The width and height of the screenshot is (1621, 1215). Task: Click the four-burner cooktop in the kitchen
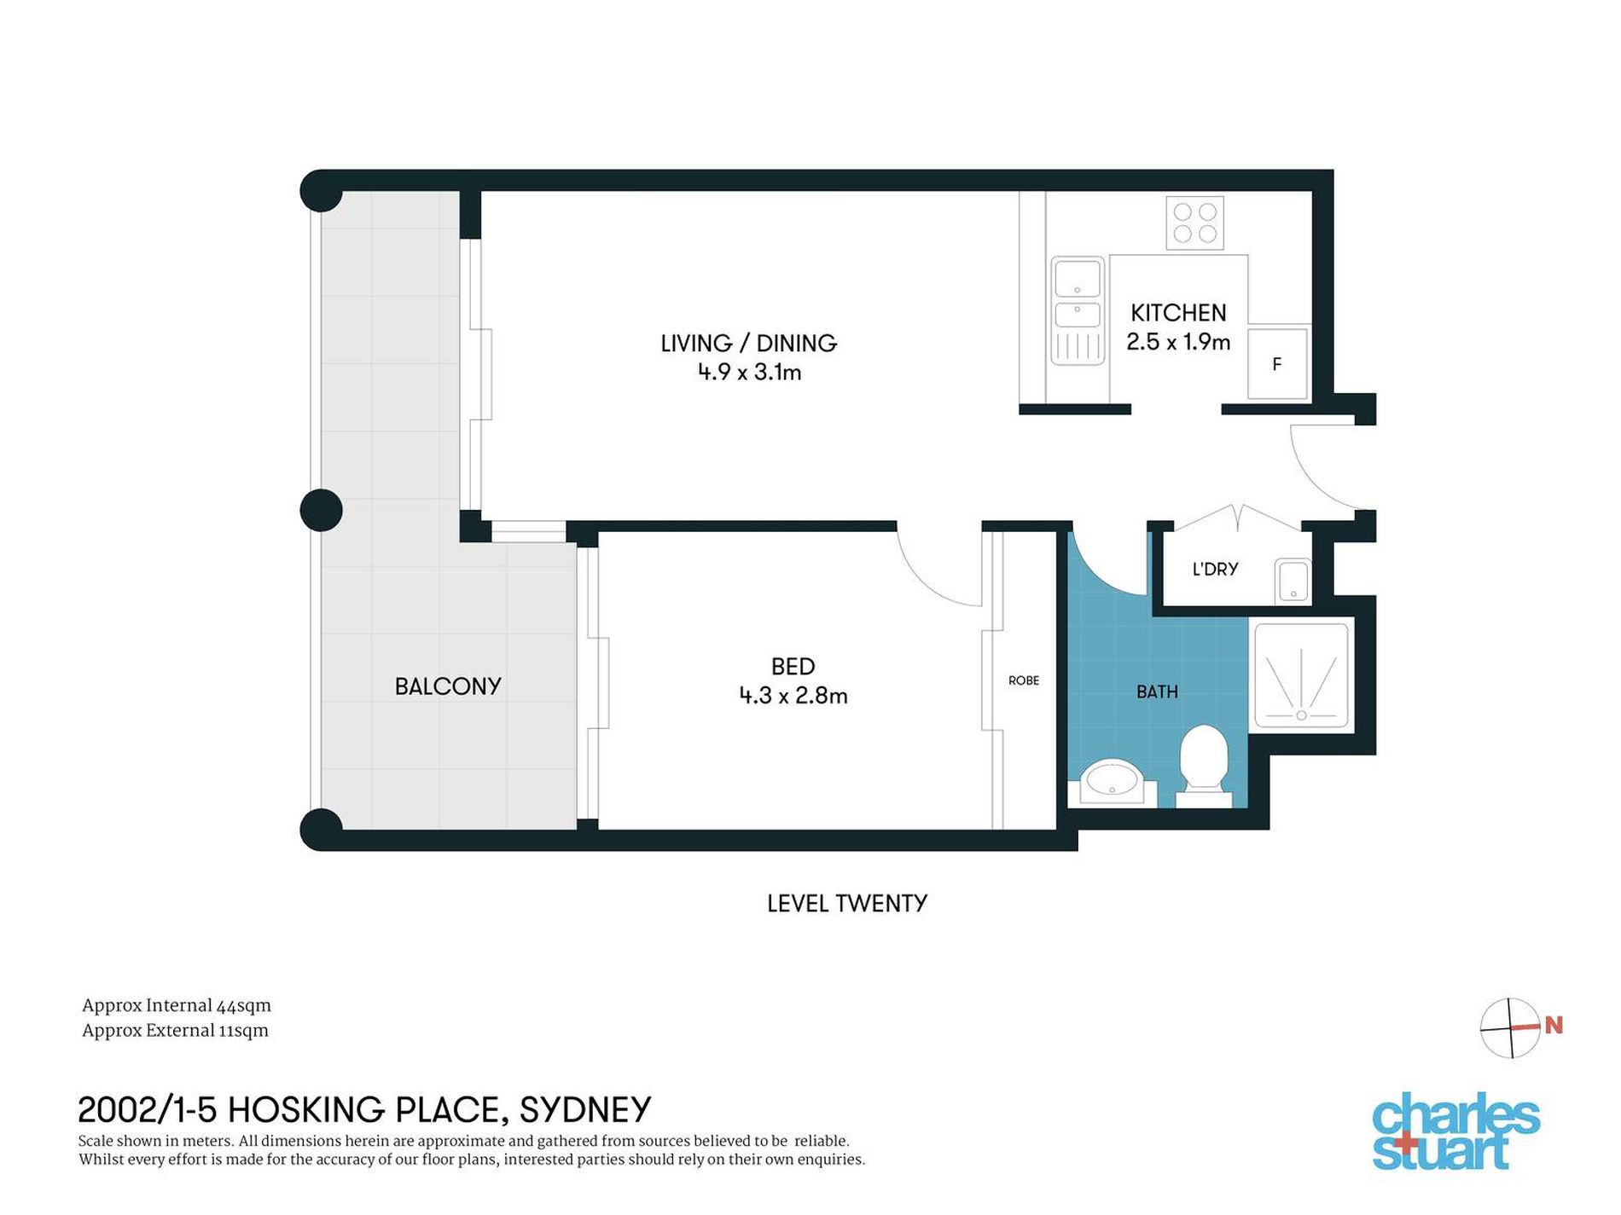pos(1194,222)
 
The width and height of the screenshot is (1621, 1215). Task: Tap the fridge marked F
pos(1277,364)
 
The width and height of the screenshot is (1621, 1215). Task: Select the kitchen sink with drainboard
pos(1078,310)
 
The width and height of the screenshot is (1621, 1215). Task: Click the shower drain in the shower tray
pos(1301,715)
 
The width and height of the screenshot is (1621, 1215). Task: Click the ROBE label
pos(1024,680)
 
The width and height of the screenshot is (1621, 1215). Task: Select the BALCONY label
pos(448,686)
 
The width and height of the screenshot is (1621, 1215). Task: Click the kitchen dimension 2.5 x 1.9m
pos(1178,342)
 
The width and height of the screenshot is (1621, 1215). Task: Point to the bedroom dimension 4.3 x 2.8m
pos(793,696)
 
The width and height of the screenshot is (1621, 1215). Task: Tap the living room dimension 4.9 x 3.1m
pos(749,372)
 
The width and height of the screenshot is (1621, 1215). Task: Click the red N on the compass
pos(1554,1026)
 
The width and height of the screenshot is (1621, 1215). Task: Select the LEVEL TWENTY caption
pos(847,904)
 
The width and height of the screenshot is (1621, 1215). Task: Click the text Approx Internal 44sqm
pos(177,1006)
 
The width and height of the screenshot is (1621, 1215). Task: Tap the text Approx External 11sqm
pos(175,1031)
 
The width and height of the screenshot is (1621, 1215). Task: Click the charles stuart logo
pos(1456,1131)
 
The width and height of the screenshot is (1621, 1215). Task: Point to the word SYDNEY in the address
pos(585,1110)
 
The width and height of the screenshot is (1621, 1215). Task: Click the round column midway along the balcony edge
pos(322,510)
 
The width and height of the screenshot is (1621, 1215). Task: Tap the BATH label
pos(1157,692)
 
